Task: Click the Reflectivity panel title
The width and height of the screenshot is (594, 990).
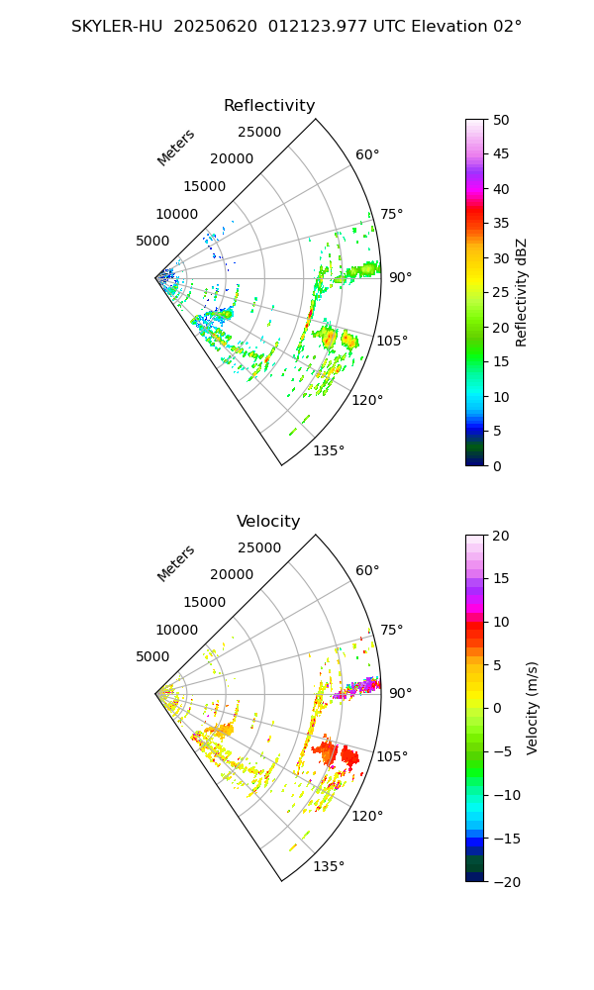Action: [269, 106]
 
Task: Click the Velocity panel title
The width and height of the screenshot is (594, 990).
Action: [268, 522]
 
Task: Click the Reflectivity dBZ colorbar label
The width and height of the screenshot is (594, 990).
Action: [522, 292]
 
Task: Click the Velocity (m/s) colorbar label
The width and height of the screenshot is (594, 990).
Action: [532, 708]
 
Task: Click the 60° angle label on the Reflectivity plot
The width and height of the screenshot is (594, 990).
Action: [367, 155]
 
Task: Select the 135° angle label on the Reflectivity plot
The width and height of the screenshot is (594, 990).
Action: [329, 451]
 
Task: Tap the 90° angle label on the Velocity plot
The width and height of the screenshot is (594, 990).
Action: [400, 693]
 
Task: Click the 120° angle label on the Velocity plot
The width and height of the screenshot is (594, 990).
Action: [367, 816]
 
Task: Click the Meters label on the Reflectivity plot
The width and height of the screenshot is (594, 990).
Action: [176, 148]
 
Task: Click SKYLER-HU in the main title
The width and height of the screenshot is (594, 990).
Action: [116, 27]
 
